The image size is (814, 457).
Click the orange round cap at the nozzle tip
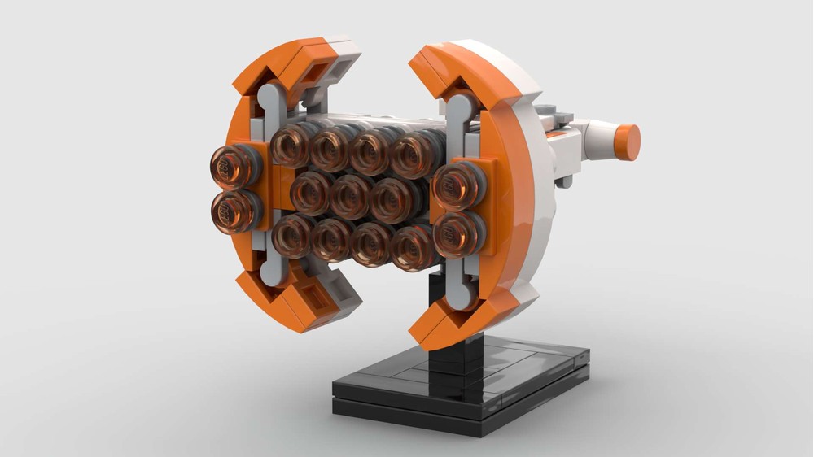(x=627, y=142)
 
